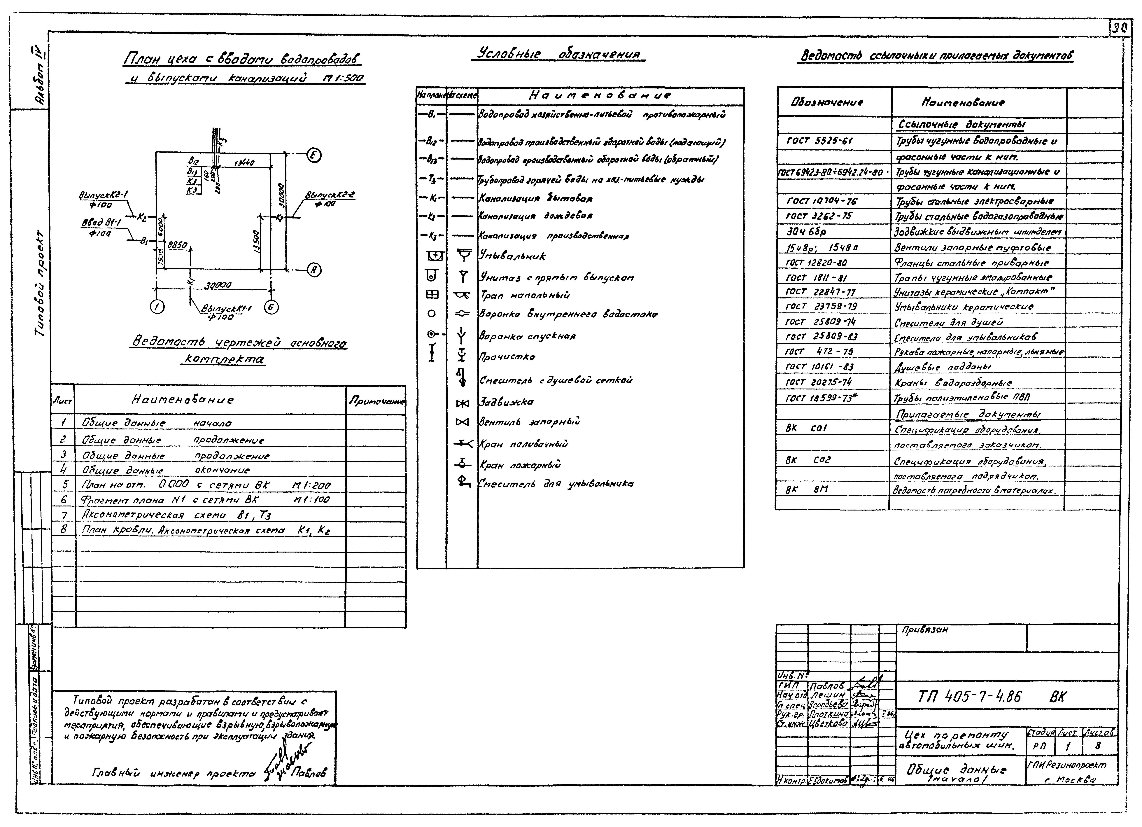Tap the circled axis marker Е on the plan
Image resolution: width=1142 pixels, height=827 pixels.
click(x=314, y=156)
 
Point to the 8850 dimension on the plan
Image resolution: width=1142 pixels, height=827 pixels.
click(x=177, y=245)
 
